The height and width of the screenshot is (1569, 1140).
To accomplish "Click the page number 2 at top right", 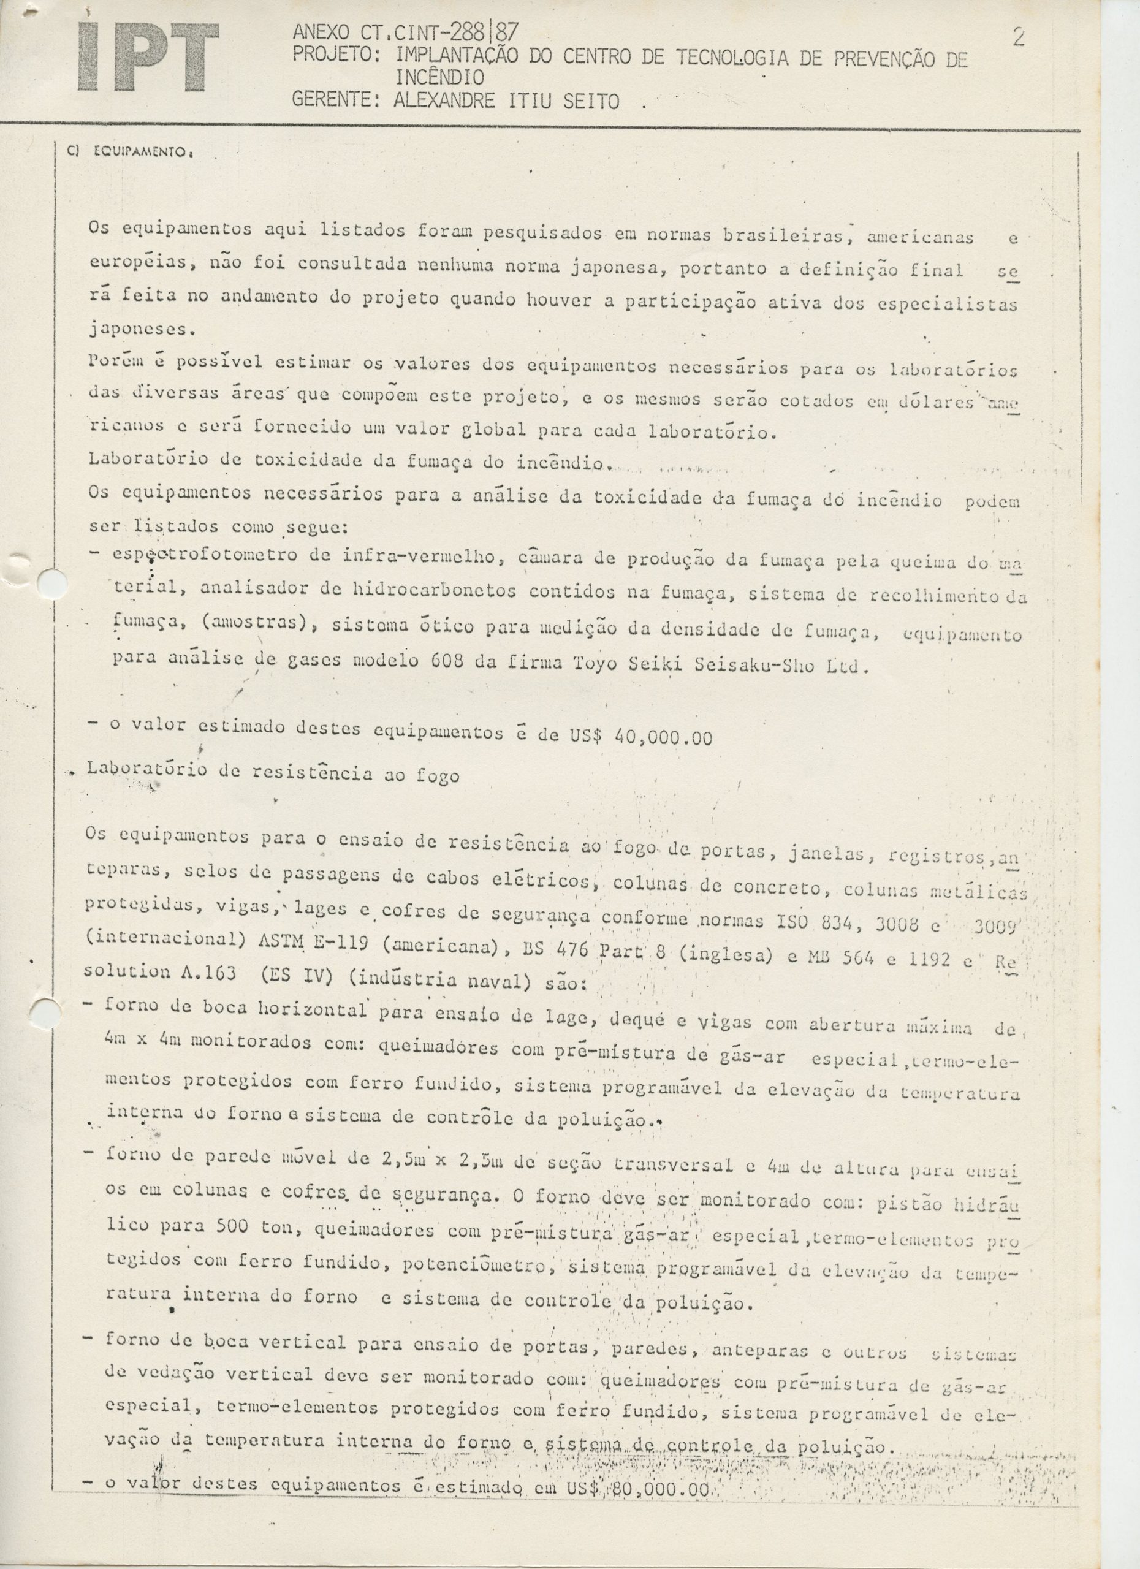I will pos(1018,36).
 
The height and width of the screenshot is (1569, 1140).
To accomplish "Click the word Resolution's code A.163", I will pos(207,973).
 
